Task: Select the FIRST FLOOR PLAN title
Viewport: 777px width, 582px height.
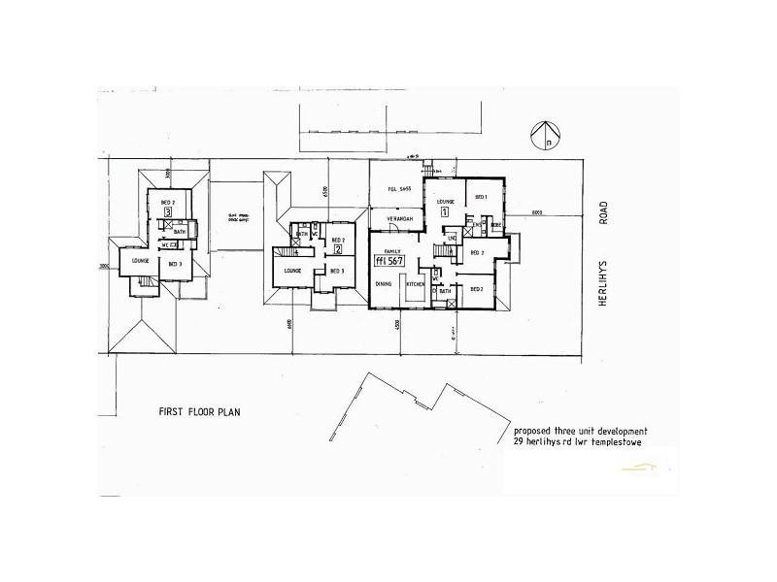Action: [199, 411]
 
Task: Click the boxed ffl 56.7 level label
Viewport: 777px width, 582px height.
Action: [390, 261]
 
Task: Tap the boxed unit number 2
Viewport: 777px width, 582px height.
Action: [337, 248]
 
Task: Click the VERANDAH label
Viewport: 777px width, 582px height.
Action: [399, 220]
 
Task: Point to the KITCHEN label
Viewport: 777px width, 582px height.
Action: [417, 284]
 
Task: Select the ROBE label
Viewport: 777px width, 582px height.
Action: [495, 224]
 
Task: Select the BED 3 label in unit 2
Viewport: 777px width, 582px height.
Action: [335, 271]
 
